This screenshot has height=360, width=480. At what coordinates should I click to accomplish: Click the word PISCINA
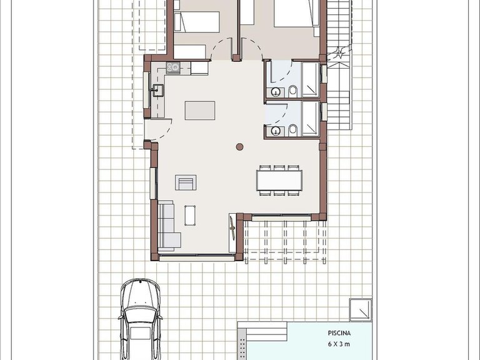339,333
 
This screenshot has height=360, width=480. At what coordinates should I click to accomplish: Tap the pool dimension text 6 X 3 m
339,344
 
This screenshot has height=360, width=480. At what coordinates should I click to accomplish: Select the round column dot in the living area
240,147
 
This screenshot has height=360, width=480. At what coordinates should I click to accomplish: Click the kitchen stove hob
173,67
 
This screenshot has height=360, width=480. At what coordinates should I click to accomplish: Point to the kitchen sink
157,90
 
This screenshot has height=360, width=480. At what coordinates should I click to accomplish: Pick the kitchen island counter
200,111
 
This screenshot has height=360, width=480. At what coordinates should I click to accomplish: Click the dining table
279,180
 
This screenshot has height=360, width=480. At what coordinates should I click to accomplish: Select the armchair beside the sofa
186,182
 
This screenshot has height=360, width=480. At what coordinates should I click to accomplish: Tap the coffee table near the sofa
190,216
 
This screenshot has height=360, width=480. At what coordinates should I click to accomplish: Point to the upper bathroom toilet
293,91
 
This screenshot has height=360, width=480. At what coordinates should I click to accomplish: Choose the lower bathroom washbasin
276,131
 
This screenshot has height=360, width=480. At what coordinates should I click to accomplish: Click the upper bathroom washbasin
276,91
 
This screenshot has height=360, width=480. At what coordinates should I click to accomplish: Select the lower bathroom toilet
293,130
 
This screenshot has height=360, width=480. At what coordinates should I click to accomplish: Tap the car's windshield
140,311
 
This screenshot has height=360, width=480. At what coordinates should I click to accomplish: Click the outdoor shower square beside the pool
361,310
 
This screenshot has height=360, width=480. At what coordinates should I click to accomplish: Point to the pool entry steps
262,331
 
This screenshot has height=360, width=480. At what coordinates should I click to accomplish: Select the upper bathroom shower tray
311,79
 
